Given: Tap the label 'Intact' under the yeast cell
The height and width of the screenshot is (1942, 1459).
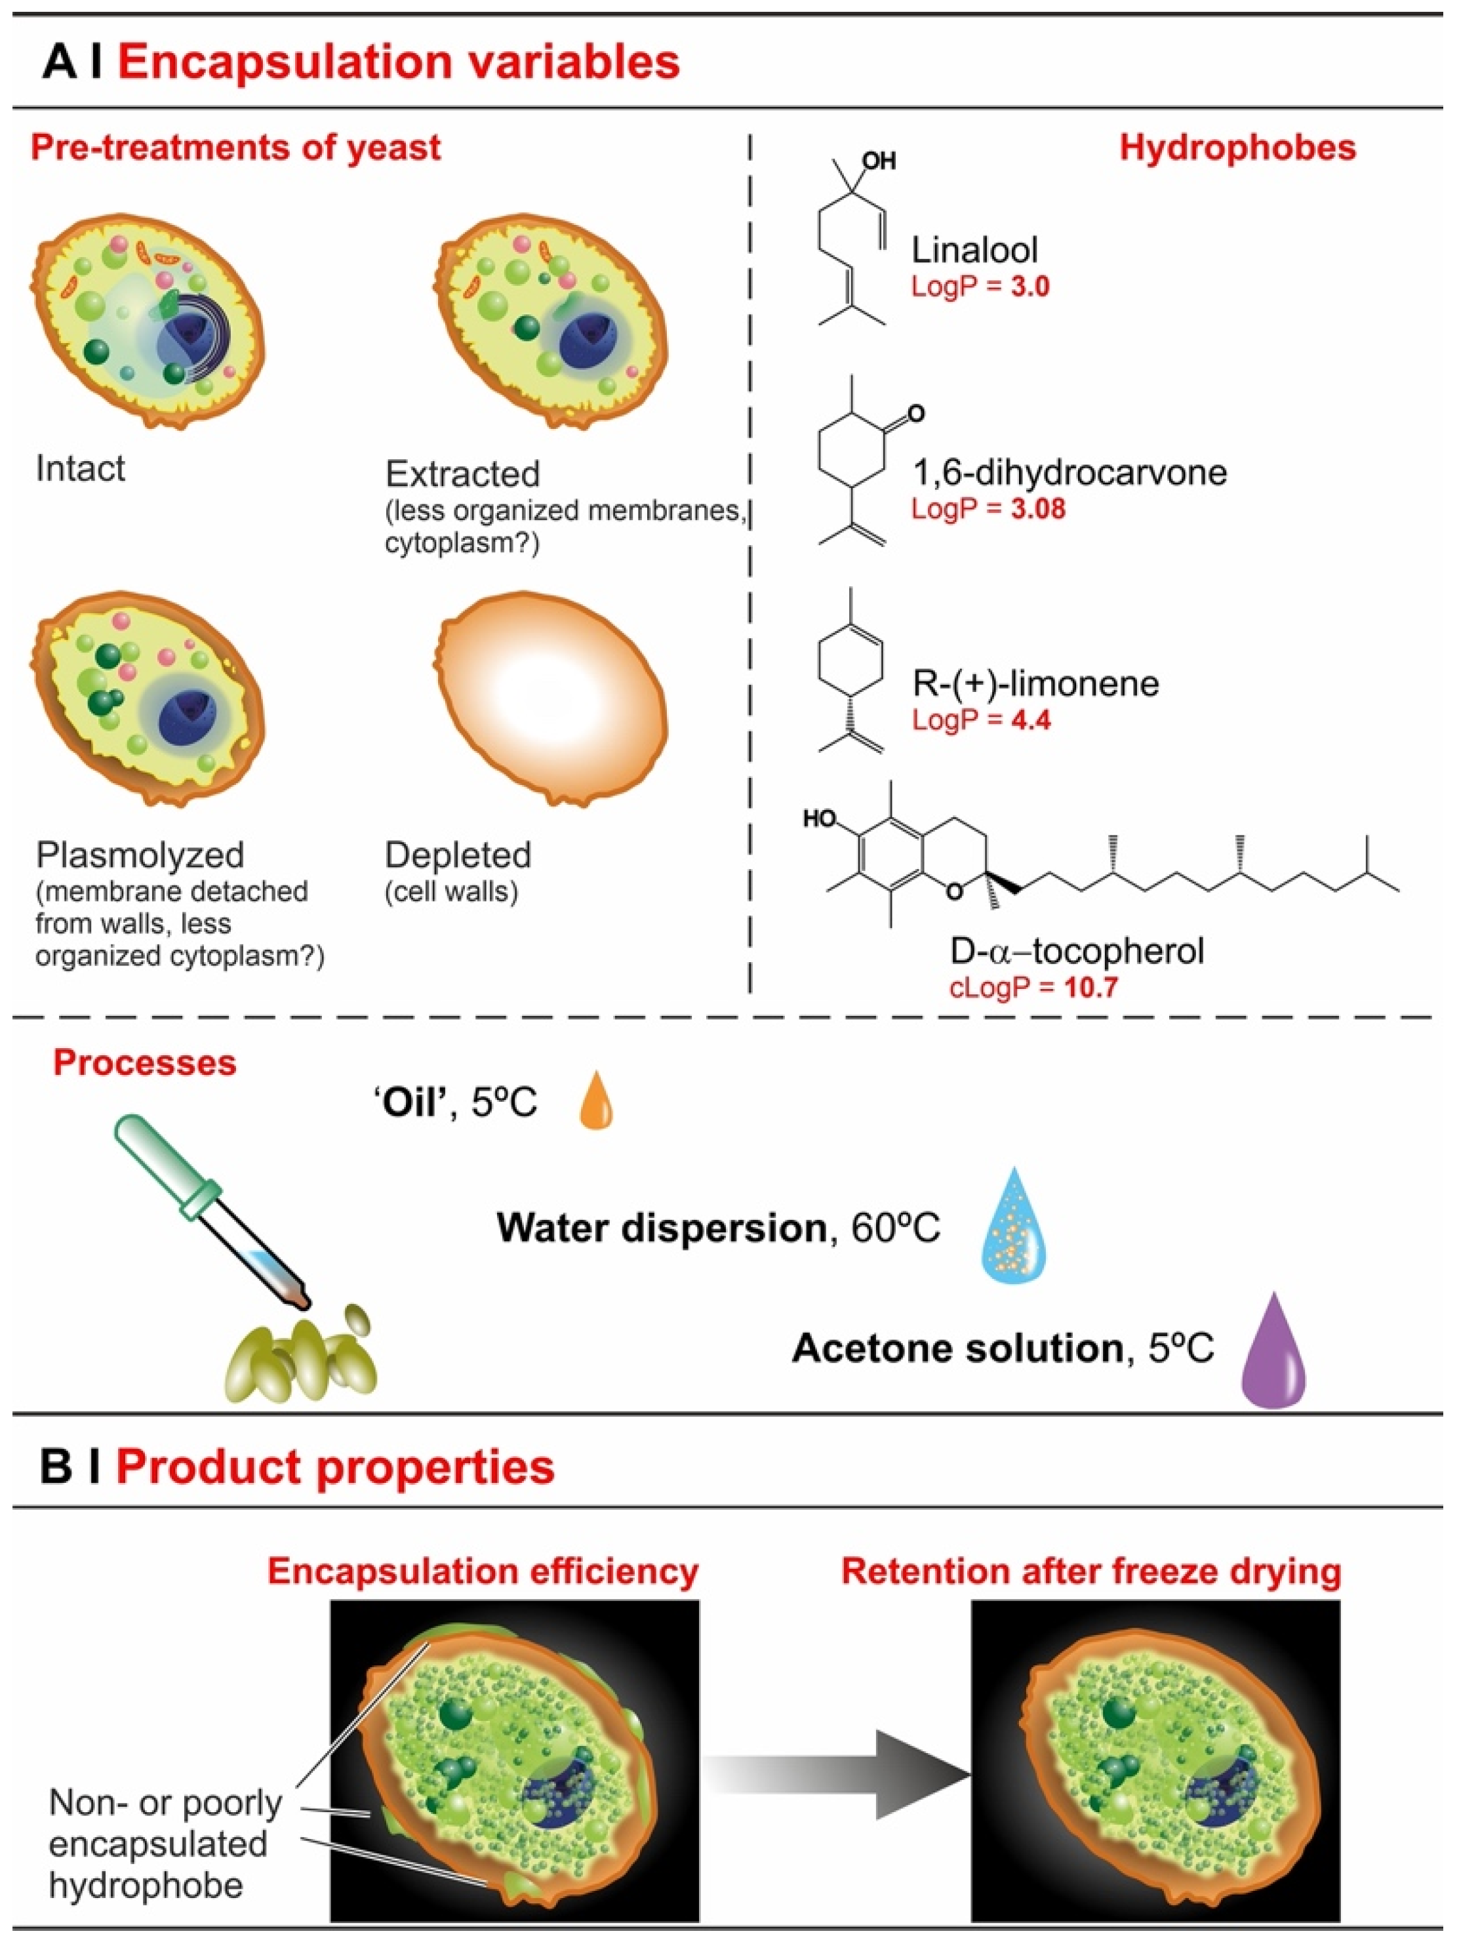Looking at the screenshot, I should pyautogui.click(x=81, y=469).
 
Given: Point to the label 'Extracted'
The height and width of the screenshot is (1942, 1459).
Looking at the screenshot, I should pyautogui.click(x=463, y=474).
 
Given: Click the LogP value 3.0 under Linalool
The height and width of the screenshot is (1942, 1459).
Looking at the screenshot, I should pyautogui.click(x=1029, y=287).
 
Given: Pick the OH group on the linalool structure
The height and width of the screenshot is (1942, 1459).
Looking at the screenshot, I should pyautogui.click(x=879, y=161).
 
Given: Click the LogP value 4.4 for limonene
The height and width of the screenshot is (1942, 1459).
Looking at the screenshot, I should pyautogui.click(x=1029, y=720).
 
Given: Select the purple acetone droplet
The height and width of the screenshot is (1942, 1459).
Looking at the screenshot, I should pyautogui.click(x=1273, y=1352).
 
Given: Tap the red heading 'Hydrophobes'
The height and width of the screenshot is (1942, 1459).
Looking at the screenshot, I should pyautogui.click(x=1238, y=148).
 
